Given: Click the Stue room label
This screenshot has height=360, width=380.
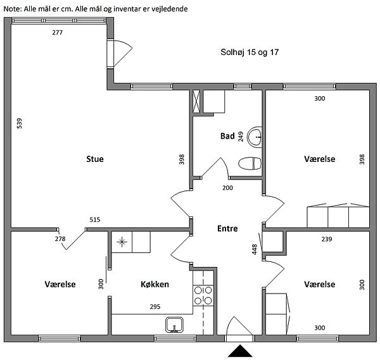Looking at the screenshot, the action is pyautogui.click(x=95, y=159).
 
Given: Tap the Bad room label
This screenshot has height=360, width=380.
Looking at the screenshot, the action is pyautogui.click(x=227, y=136).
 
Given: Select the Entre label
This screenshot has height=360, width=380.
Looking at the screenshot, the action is pyautogui.click(x=227, y=228).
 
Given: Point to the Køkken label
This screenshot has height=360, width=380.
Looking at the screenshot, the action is pyautogui.click(x=155, y=284).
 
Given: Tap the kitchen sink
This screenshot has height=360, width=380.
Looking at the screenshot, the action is pyautogui.click(x=175, y=325).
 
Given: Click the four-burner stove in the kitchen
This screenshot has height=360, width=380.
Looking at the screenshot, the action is pyautogui.click(x=203, y=295).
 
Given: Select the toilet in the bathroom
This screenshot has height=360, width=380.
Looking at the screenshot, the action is pyautogui.click(x=250, y=163).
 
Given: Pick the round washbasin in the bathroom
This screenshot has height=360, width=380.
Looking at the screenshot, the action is pyautogui.click(x=255, y=137).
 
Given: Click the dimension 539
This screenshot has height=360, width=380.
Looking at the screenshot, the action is pyautogui.click(x=20, y=123).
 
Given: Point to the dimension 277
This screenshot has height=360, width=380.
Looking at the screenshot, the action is pyautogui.click(x=58, y=32).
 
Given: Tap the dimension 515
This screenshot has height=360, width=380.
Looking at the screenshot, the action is pyautogui.click(x=95, y=220).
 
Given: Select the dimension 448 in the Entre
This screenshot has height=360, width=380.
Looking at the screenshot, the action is pyautogui.click(x=254, y=249).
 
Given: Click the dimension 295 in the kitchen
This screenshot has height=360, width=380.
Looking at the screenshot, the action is pyautogui.click(x=155, y=307).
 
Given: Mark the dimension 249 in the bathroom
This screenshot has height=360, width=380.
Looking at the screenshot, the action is pyautogui.click(x=241, y=137).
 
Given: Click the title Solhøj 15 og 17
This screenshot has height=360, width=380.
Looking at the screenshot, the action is pyautogui.click(x=250, y=52).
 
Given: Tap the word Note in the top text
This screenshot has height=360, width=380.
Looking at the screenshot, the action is pyautogui.click(x=13, y=9).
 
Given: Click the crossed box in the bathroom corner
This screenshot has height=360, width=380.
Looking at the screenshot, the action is pyautogui.click(x=196, y=101).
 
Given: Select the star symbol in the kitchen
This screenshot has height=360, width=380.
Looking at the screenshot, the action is pyautogui.click(x=122, y=242).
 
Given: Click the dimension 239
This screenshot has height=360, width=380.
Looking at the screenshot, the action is pyautogui.click(x=327, y=239).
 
